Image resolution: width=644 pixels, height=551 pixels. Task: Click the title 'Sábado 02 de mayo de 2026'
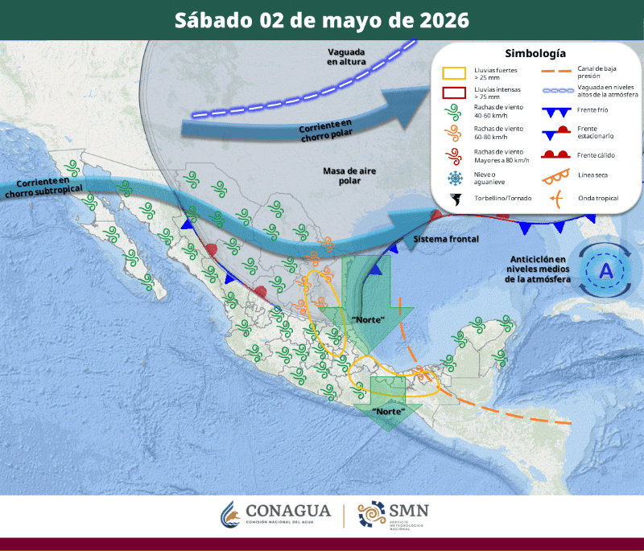tap(322, 20)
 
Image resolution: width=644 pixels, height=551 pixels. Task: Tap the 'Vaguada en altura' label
tap(347, 56)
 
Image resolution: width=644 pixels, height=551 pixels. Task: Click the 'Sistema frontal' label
tap(446, 240)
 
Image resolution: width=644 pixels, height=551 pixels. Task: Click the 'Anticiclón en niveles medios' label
tap(539, 269)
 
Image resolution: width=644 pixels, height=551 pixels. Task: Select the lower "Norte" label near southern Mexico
tap(389, 411)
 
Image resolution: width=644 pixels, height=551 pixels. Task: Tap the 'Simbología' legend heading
tap(535, 54)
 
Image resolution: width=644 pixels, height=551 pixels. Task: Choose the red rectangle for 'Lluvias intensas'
tap(455, 92)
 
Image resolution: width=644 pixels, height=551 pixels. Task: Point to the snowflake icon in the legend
tap(455, 177)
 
